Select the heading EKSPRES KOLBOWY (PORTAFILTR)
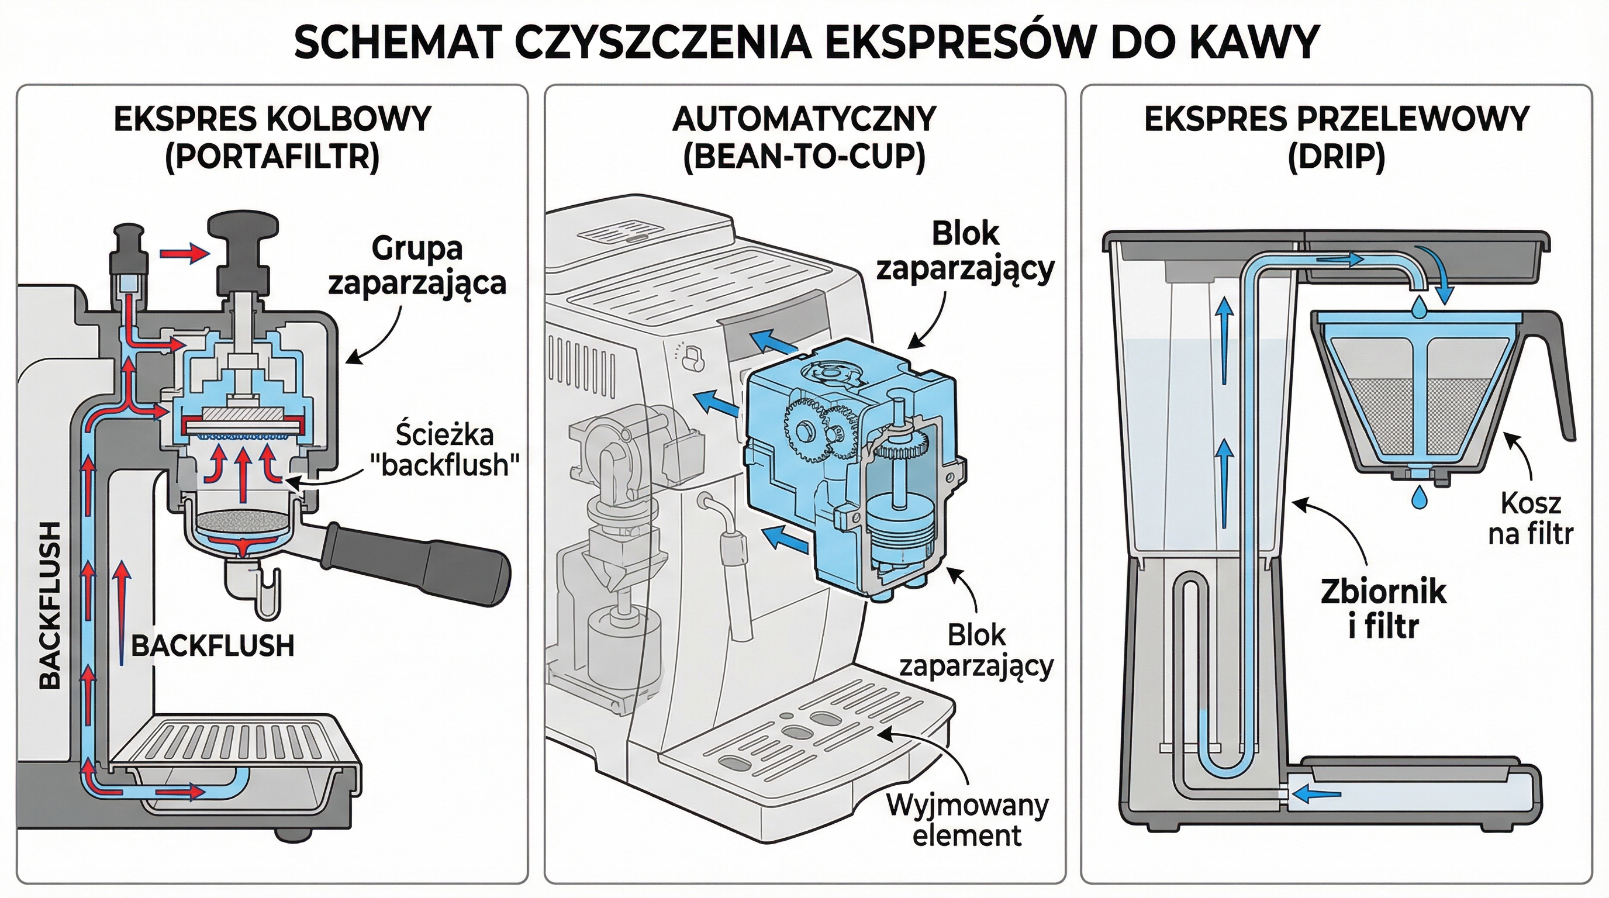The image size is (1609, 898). (x=272, y=137)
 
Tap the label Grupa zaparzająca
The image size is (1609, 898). (x=417, y=265)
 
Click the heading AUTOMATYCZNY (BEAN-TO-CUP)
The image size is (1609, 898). (x=804, y=137)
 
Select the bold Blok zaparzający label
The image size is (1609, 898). (x=965, y=251)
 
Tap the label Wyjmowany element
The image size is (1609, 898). (x=967, y=820)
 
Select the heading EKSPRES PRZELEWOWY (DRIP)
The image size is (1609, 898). (x=1337, y=137)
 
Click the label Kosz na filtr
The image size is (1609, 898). (x=1530, y=519)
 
